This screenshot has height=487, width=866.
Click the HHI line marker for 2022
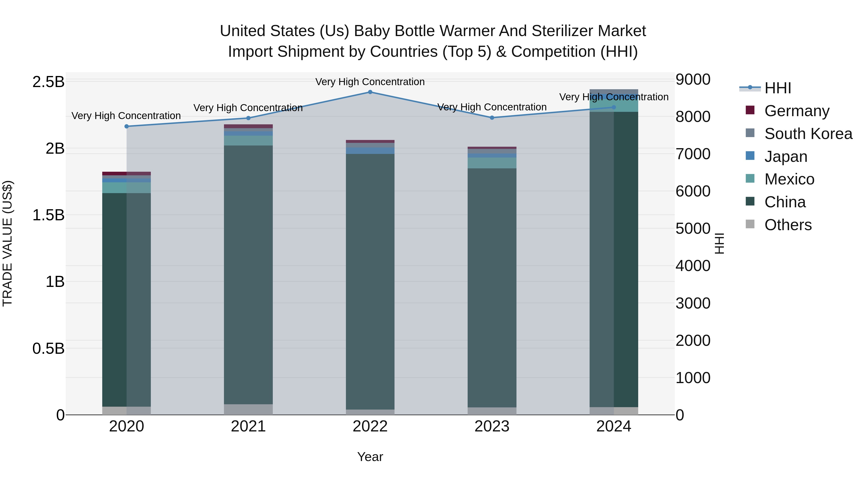click(x=370, y=92)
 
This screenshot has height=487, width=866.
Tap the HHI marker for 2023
click(x=492, y=118)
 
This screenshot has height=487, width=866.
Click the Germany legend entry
click(x=797, y=111)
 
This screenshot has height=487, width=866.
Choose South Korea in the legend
click(x=808, y=134)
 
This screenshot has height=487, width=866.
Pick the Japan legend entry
click(x=786, y=157)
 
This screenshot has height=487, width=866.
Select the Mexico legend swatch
click(x=750, y=178)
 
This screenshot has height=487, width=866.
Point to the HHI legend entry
click(x=777, y=88)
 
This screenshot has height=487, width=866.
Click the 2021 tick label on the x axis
click(x=248, y=426)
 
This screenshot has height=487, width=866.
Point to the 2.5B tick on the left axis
click(x=48, y=82)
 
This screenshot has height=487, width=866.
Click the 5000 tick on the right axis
click(x=693, y=228)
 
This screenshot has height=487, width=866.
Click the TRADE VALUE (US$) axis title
click(x=7, y=243)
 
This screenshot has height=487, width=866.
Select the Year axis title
click(x=370, y=457)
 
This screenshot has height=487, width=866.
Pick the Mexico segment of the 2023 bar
click(x=492, y=163)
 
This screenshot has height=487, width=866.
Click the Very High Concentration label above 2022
click(x=370, y=82)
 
